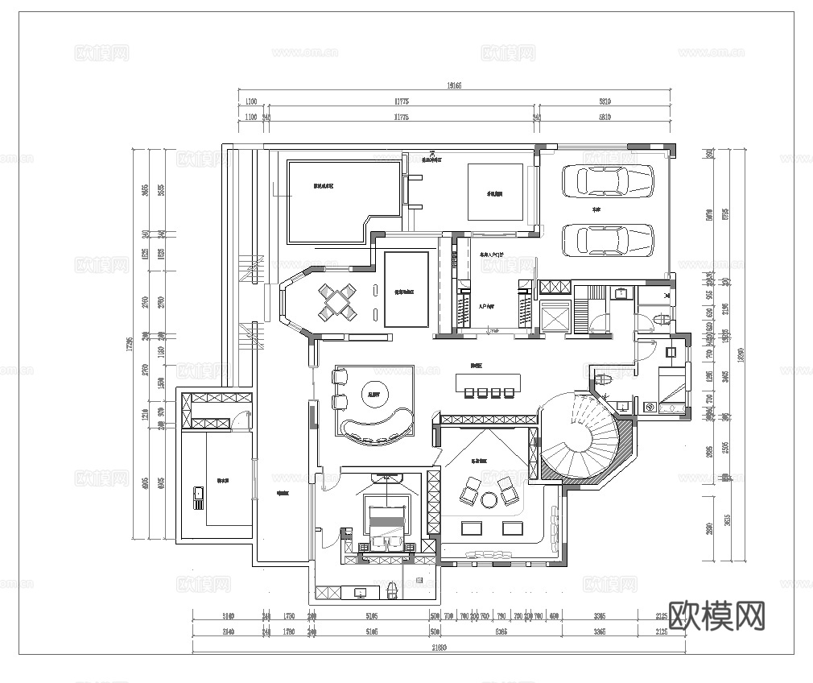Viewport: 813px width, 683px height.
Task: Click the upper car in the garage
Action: tap(606, 180)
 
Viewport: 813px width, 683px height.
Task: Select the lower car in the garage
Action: tap(606, 239)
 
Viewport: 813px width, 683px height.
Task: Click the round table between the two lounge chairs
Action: tap(488, 500)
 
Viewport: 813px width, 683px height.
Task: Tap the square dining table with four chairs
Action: tap(336, 302)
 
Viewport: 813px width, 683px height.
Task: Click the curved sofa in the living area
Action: tap(374, 428)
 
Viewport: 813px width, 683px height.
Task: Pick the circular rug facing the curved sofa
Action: tap(374, 394)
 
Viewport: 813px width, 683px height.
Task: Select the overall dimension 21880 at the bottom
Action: tap(439, 647)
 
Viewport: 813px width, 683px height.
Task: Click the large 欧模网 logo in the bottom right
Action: tap(716, 616)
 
